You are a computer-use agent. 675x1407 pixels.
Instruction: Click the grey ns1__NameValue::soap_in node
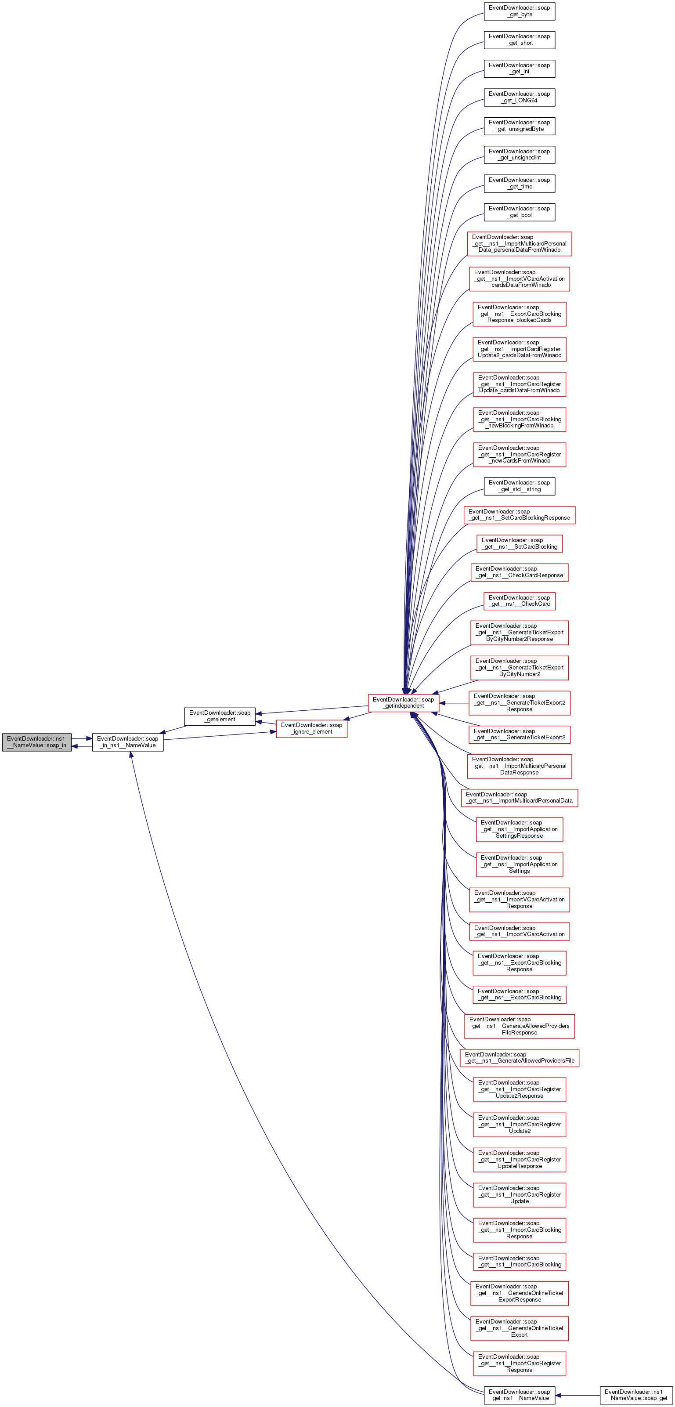click(x=36, y=742)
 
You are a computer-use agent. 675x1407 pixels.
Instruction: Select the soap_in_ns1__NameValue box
click(x=127, y=742)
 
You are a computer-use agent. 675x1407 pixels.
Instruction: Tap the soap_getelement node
click(x=220, y=716)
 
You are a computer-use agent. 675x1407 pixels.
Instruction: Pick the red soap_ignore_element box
click(x=311, y=729)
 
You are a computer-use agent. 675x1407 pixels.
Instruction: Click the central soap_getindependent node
click(x=403, y=702)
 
